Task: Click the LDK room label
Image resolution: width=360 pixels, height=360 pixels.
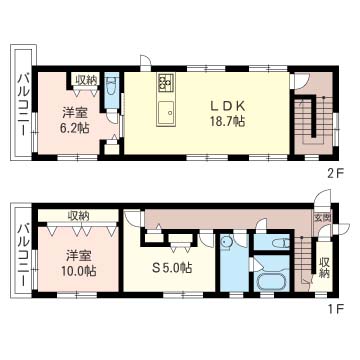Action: point(228,107)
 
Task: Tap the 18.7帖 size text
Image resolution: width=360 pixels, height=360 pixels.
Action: point(228,122)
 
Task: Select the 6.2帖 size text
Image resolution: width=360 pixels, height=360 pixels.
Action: point(75,128)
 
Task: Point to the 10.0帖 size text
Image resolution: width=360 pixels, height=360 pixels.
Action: point(79,271)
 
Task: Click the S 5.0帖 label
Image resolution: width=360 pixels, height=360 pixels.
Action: point(172,268)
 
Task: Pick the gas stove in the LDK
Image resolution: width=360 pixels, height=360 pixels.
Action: point(166,83)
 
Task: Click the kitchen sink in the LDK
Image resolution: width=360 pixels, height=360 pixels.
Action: point(166,112)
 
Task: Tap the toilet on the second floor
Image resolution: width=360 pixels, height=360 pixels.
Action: point(110,86)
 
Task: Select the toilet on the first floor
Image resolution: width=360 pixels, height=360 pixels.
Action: point(279,243)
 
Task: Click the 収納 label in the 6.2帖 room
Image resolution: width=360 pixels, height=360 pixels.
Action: point(86,80)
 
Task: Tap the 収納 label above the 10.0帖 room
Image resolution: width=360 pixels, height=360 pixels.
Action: point(78,216)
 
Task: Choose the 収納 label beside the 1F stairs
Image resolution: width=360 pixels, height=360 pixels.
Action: point(324,267)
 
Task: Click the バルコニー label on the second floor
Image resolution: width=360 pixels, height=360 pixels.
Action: point(23,104)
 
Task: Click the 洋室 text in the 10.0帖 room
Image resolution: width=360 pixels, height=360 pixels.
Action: point(79,256)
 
